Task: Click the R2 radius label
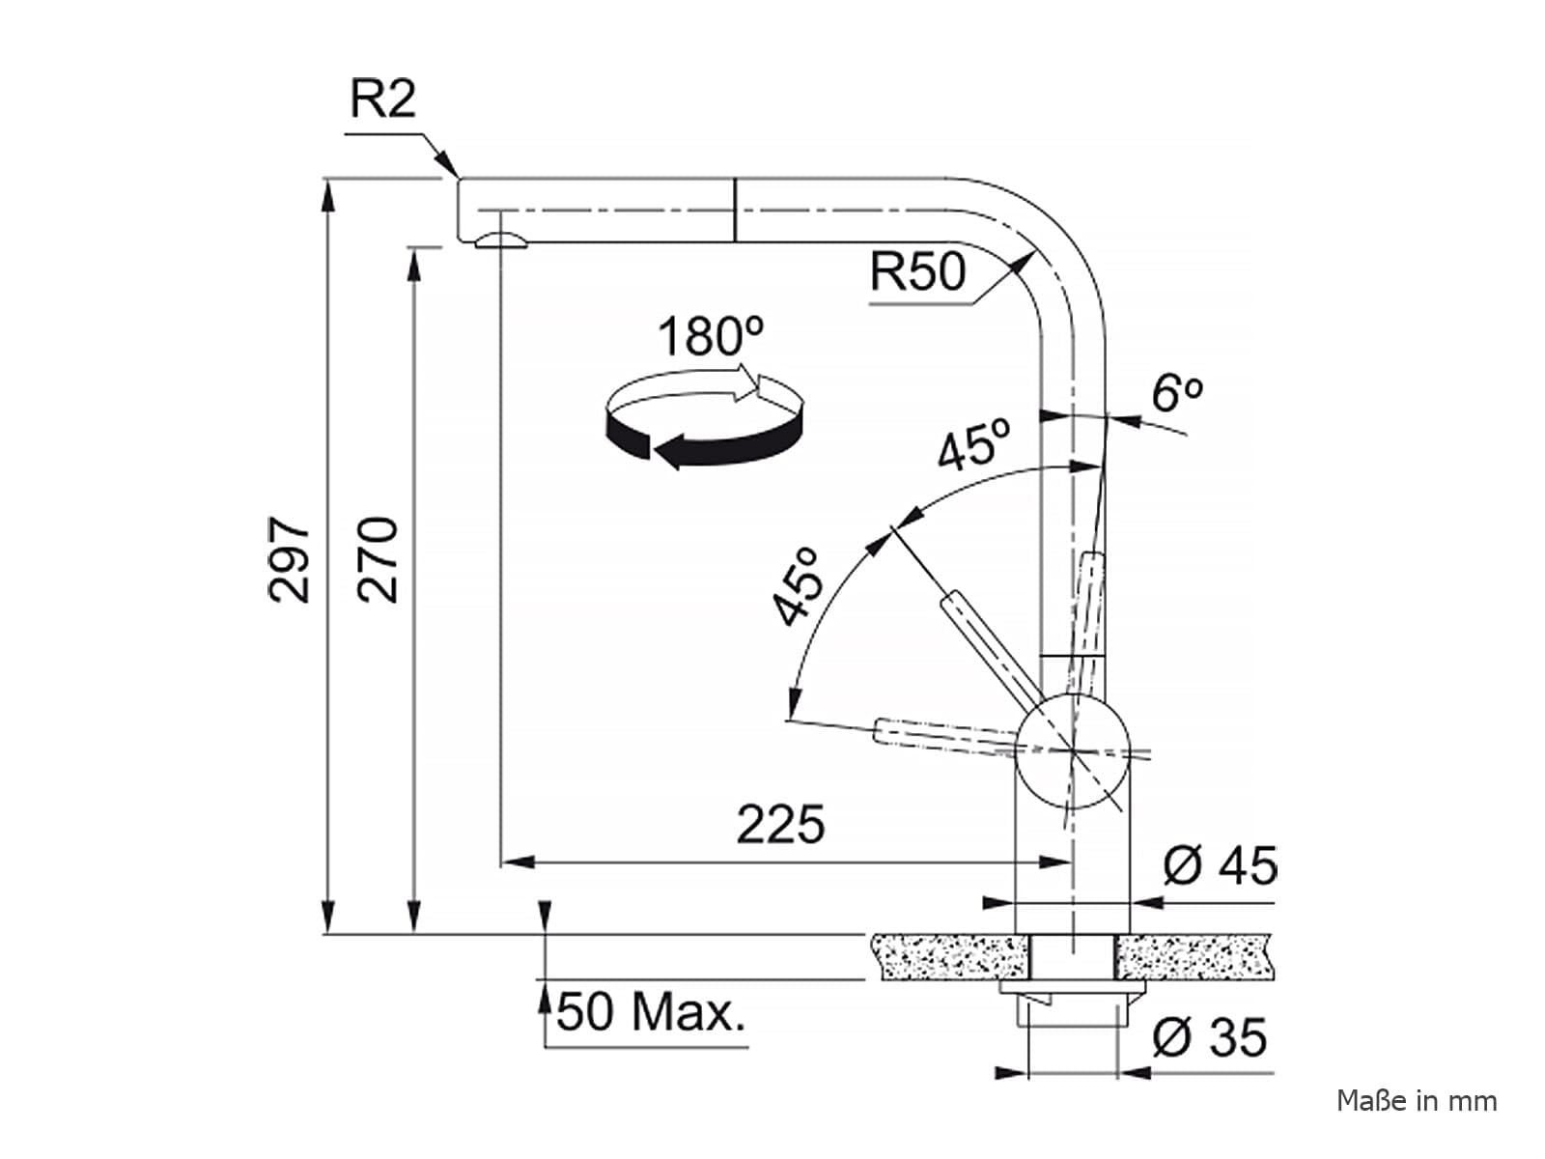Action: coord(383,99)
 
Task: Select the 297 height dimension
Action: coord(290,559)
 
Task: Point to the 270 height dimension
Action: coord(378,559)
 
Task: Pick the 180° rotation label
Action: coord(710,336)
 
